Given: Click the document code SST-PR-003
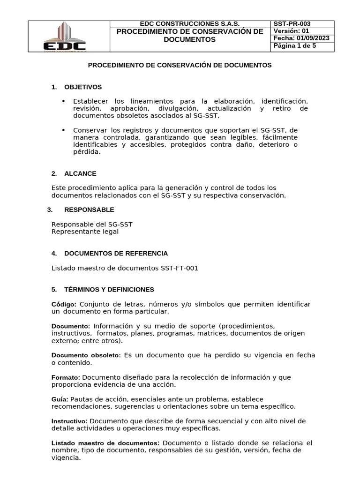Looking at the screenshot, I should tap(292, 24).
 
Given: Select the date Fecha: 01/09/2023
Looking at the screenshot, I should tap(301, 38).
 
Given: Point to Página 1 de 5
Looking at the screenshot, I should tap(294, 46).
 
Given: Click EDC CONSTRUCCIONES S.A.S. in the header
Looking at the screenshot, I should tap(190, 24).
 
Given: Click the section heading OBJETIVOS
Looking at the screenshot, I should tap(83, 87).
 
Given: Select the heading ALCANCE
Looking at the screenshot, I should tap(80, 173).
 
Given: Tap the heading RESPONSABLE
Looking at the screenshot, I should tap(89, 210).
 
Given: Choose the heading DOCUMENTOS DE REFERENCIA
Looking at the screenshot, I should tap(116, 254).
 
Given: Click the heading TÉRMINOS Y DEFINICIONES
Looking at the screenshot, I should tap(109, 290).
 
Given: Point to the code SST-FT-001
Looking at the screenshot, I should tap(180, 268).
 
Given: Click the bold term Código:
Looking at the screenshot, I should tap(64, 305).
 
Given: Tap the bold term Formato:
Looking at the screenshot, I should tap(66, 377).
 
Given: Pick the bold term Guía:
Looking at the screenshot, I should tap(60, 399).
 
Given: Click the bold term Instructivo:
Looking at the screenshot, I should tap(69, 421).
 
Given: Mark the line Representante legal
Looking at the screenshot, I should tap(85, 232).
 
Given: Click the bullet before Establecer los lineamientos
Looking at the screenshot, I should tap(64, 101).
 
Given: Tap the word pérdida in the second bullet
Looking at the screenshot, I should tap(87, 152).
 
